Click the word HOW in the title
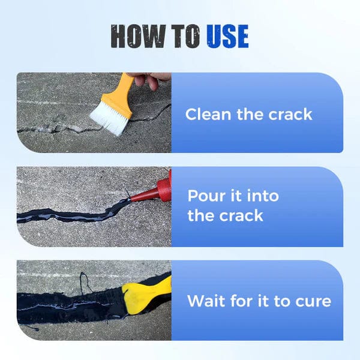point(136,37)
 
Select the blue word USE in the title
point(227,37)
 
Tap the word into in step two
point(261,196)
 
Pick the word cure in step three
point(313,301)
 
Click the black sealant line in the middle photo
point(66,217)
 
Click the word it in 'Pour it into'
point(239,196)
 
